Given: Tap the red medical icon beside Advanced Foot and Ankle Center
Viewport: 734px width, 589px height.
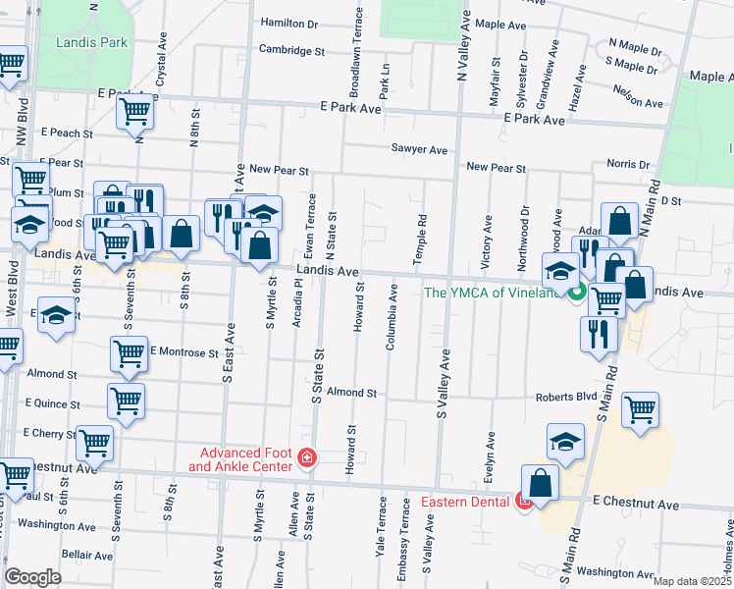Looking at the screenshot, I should tap(307, 458).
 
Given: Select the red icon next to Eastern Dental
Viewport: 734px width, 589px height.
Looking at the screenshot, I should tap(525, 503).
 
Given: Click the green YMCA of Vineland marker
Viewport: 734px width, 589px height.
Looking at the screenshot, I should tap(579, 292).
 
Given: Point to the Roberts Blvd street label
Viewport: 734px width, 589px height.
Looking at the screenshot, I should tap(566, 398).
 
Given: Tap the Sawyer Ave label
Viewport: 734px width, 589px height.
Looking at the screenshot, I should tap(419, 150).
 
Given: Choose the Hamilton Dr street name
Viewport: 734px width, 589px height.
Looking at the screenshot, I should tap(290, 22).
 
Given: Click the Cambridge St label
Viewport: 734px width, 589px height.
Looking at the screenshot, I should tap(292, 49).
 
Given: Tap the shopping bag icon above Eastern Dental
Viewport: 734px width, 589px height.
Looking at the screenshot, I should tap(540, 482).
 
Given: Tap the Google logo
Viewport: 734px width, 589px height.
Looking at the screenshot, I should tap(32, 577).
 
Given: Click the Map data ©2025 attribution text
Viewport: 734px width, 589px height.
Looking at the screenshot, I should tap(692, 581).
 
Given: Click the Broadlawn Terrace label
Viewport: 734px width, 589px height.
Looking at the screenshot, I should tap(355, 52).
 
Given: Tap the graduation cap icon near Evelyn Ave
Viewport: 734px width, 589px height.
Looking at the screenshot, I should tap(565, 442).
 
